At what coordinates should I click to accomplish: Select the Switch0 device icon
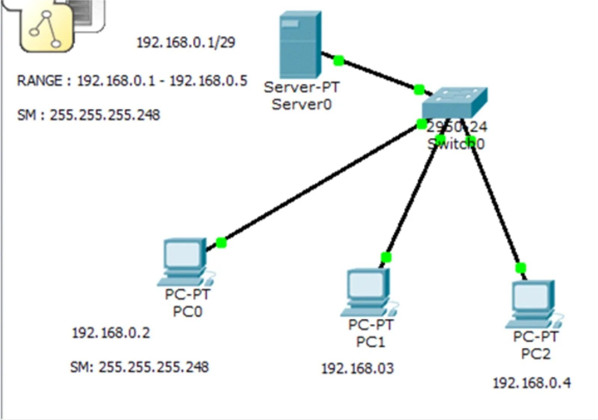(x=454, y=103)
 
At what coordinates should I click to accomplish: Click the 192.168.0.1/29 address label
(x=186, y=43)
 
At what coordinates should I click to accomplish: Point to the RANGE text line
(x=132, y=81)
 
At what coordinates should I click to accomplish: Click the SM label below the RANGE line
(x=89, y=115)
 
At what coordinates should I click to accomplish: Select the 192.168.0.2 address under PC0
(x=111, y=333)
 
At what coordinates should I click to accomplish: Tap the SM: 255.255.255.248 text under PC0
(x=139, y=367)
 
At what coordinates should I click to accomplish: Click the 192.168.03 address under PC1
(x=357, y=369)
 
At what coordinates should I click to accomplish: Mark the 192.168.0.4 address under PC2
(x=531, y=383)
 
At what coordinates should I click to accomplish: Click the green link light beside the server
(x=339, y=60)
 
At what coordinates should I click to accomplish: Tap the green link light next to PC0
(x=221, y=243)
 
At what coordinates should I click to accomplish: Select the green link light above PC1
(x=386, y=257)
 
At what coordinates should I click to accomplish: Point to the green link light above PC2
(x=520, y=268)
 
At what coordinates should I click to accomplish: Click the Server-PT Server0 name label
(x=301, y=96)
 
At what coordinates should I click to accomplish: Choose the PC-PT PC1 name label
(x=370, y=333)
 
